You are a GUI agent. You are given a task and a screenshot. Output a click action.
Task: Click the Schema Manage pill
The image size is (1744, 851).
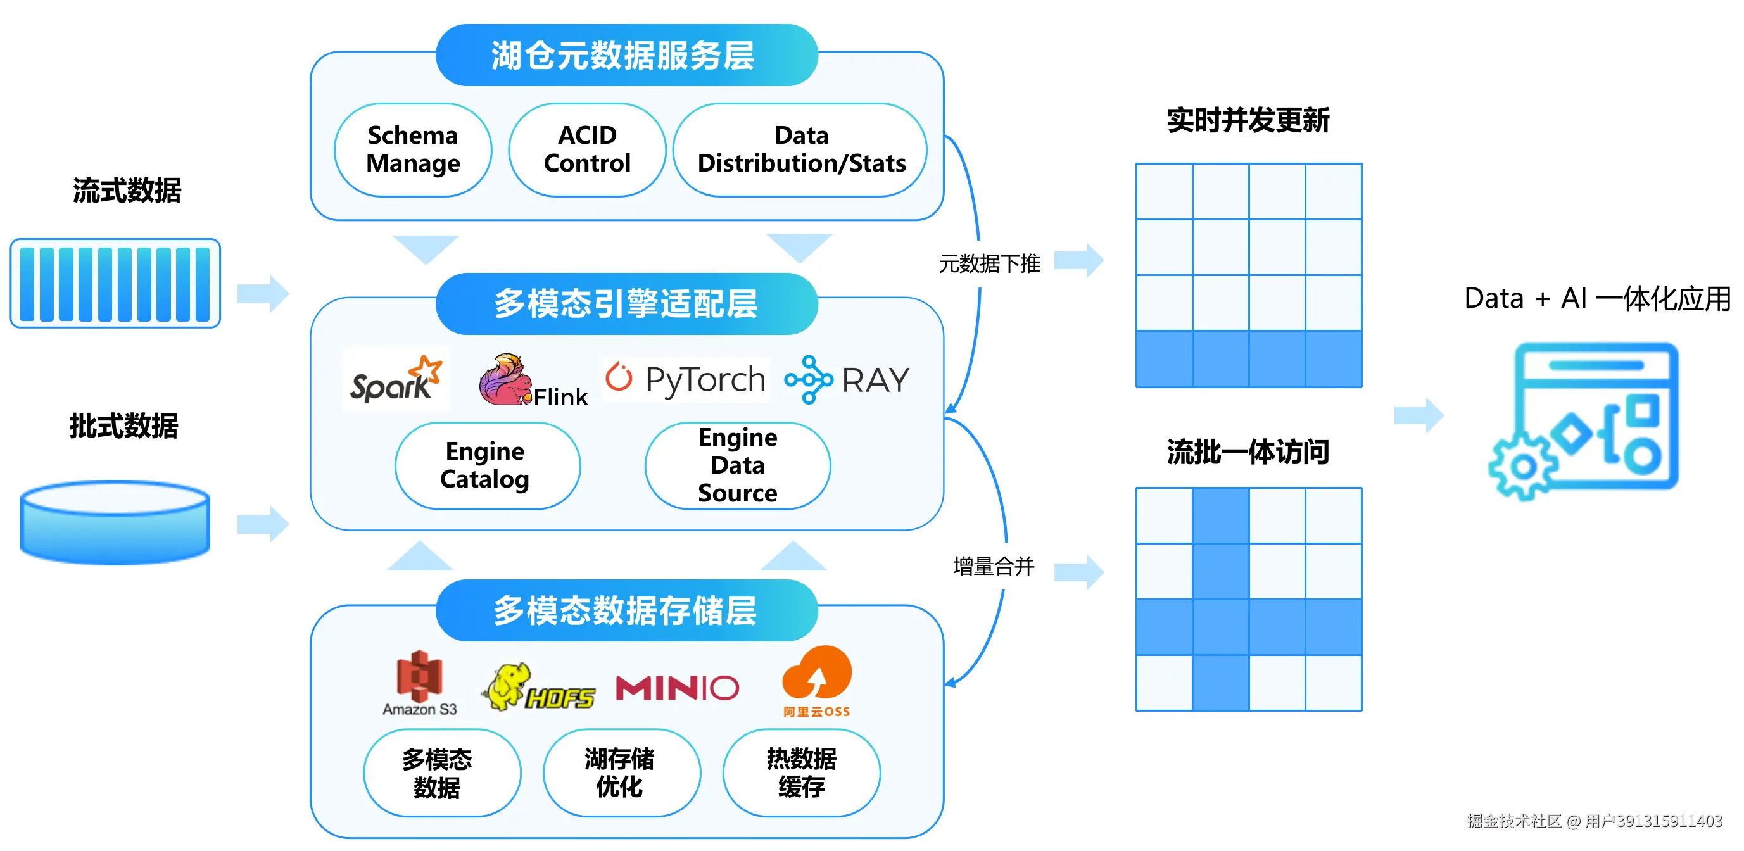coord(413,149)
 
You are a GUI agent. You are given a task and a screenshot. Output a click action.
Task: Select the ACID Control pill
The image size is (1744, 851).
coord(587,149)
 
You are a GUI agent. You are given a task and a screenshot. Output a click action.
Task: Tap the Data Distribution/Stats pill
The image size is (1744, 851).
coord(801,149)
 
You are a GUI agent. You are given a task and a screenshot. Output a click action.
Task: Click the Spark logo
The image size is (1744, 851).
coord(395,381)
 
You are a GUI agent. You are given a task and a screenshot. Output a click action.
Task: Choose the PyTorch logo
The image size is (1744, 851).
coord(686,379)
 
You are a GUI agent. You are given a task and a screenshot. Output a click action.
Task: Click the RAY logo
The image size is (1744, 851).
coord(847,380)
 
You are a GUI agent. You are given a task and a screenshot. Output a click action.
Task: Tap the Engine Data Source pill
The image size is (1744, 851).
coord(737,466)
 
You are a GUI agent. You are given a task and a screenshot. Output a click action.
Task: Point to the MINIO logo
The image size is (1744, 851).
coord(677,688)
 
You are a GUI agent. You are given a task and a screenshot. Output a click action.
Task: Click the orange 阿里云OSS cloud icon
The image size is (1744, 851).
coord(816,674)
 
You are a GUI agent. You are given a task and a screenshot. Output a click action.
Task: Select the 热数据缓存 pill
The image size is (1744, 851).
coord(802,773)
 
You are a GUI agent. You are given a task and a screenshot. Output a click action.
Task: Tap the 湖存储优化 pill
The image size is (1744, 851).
coord(621,773)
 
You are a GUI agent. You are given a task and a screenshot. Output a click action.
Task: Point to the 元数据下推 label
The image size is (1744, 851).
coord(989,264)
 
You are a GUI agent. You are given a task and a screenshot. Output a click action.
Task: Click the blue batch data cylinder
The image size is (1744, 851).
coord(115,522)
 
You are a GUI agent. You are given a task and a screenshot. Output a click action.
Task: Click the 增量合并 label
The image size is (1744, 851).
coord(993,567)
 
